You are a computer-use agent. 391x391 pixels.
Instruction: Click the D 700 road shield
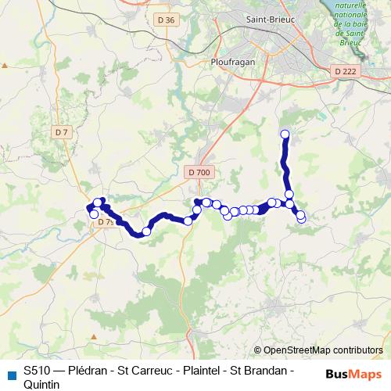pos(199,172)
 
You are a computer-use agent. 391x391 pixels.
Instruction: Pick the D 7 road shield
pos(62,133)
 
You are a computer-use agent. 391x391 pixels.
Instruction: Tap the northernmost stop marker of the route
pos(285,134)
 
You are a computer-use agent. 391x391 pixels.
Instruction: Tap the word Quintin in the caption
pos(41,384)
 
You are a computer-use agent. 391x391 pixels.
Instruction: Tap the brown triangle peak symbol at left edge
pos(5,67)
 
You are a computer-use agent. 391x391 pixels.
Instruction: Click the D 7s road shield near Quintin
pos(106,222)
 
